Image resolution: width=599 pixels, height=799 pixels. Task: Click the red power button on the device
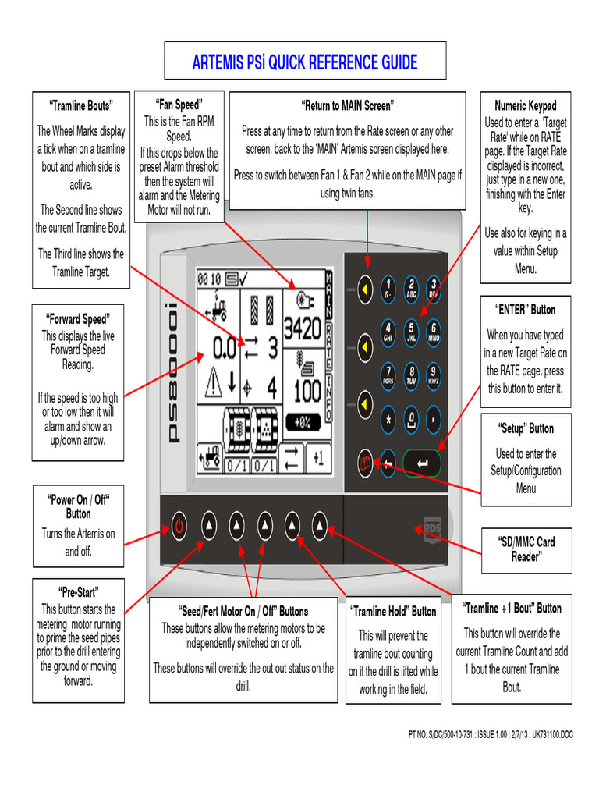coord(179,526)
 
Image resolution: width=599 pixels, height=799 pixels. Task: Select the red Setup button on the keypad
coord(364,461)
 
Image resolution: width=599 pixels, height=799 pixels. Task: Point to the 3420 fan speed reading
coord(302,328)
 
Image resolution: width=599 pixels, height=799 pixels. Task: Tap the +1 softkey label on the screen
coord(317,458)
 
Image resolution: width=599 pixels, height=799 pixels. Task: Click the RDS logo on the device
coord(431,528)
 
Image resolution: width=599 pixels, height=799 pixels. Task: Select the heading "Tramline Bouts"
coord(81,105)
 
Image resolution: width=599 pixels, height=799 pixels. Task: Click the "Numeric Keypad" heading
coord(526,105)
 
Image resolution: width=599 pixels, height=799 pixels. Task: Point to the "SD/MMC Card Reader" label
coord(526,549)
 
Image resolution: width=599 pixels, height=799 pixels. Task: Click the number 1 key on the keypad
coord(388,287)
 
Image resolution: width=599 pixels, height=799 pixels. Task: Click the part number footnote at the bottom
coord(491,734)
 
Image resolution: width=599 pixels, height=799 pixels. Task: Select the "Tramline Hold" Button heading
coord(392,611)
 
